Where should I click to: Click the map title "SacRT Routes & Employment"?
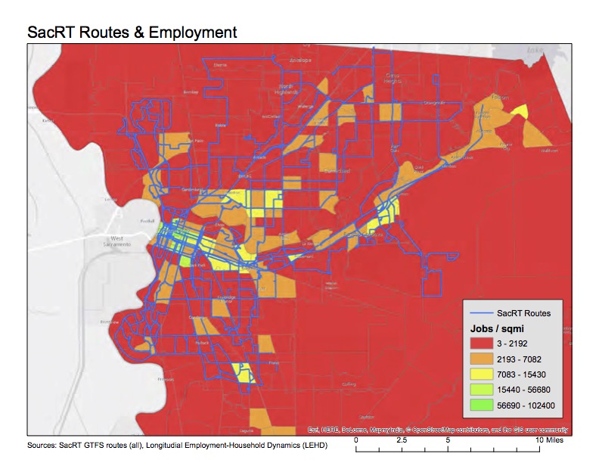click(132, 33)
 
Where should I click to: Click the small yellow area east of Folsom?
click(519, 111)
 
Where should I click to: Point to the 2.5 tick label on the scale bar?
click(402, 440)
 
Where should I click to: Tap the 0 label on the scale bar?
click(356, 440)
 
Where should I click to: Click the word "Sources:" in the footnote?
click(42, 446)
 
